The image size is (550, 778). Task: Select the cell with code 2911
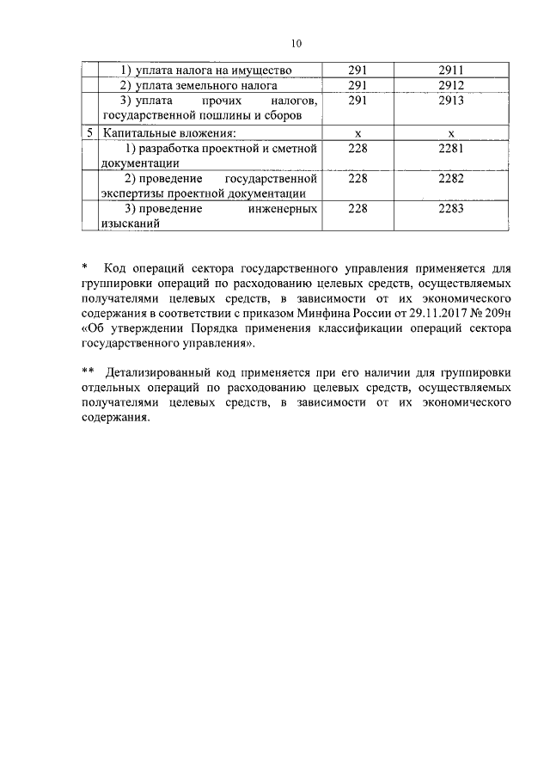[x=450, y=70]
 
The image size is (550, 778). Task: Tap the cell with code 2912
[x=450, y=85]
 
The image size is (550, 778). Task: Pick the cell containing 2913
[x=450, y=101]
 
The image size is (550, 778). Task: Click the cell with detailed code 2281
[x=450, y=149]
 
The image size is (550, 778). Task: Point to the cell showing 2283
[x=450, y=209]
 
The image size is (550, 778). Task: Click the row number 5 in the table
[x=89, y=133]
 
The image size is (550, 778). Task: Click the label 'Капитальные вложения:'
[x=168, y=133]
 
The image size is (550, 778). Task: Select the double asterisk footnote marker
[x=87, y=371]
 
